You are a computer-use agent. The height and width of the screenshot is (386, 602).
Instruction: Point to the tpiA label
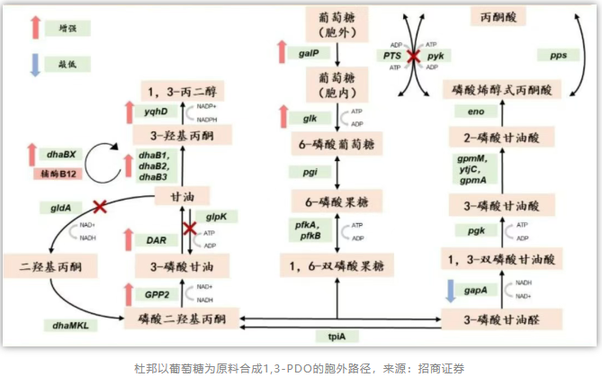(337, 336)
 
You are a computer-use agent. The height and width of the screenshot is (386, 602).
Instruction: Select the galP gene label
(308, 54)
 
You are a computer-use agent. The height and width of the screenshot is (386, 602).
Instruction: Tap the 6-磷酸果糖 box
(337, 201)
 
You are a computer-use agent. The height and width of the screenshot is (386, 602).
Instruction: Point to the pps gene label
(559, 55)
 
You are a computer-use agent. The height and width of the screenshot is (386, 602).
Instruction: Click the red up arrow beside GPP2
(128, 294)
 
